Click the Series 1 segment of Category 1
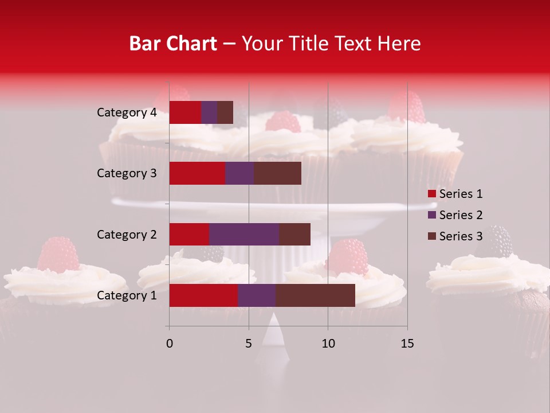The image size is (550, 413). (x=203, y=295)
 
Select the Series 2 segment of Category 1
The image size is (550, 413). (x=257, y=295)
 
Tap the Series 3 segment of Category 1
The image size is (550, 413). (x=315, y=295)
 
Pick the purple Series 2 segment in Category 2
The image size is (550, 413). (x=244, y=234)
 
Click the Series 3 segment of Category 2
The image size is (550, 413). (x=294, y=234)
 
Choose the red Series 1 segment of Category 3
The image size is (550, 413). (x=197, y=173)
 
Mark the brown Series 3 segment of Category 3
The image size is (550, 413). (x=277, y=173)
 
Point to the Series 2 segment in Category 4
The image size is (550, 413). (x=209, y=112)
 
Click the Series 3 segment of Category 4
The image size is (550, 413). (x=225, y=112)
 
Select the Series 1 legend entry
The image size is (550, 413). (x=455, y=194)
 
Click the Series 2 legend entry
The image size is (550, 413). (x=455, y=215)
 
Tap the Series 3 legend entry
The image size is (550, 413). (x=455, y=236)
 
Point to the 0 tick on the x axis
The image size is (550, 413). (x=169, y=344)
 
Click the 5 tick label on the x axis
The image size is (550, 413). (x=249, y=344)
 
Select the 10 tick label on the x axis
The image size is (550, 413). (x=328, y=344)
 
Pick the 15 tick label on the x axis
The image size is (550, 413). (x=407, y=344)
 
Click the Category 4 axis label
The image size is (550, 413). (x=127, y=112)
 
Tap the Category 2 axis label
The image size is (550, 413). (x=127, y=234)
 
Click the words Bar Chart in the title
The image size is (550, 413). (x=172, y=44)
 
